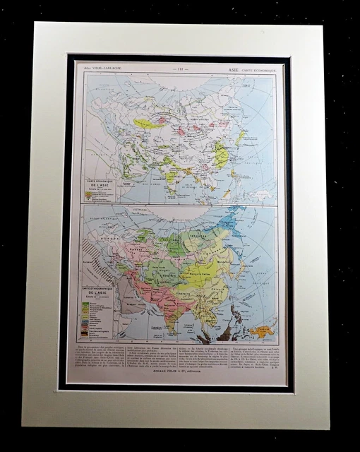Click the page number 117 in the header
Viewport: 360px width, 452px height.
(178, 69)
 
